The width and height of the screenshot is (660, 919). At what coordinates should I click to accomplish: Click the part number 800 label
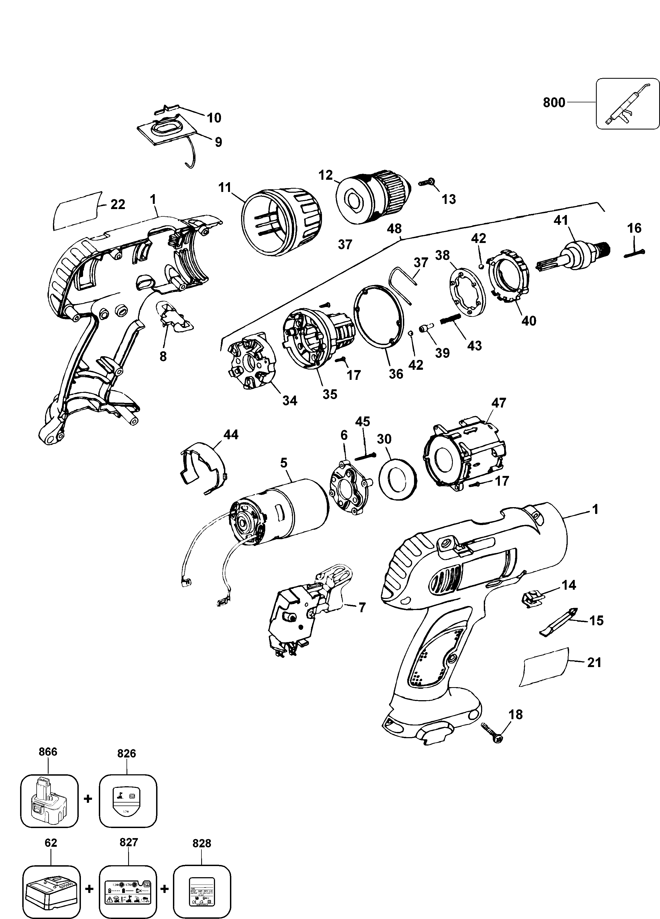point(554,103)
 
